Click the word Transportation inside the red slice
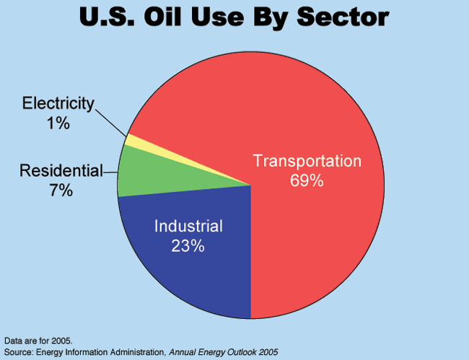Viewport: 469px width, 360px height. click(307, 161)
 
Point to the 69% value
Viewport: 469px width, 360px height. click(307, 180)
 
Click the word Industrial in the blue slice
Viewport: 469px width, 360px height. click(188, 226)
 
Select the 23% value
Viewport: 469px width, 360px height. click(188, 246)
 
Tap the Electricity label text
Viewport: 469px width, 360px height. click(58, 104)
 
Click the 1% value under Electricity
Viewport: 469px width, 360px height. click(58, 123)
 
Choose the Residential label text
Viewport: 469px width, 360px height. click(61, 171)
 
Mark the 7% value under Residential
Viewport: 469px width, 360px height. click(61, 190)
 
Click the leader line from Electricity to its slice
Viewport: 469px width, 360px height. click(110, 123)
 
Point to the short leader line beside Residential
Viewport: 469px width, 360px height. click(110, 172)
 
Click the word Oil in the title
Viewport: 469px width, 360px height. click(163, 17)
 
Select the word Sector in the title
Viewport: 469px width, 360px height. click(343, 17)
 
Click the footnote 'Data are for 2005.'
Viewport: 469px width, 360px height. click(38, 341)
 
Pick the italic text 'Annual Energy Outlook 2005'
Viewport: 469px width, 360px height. click(224, 352)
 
